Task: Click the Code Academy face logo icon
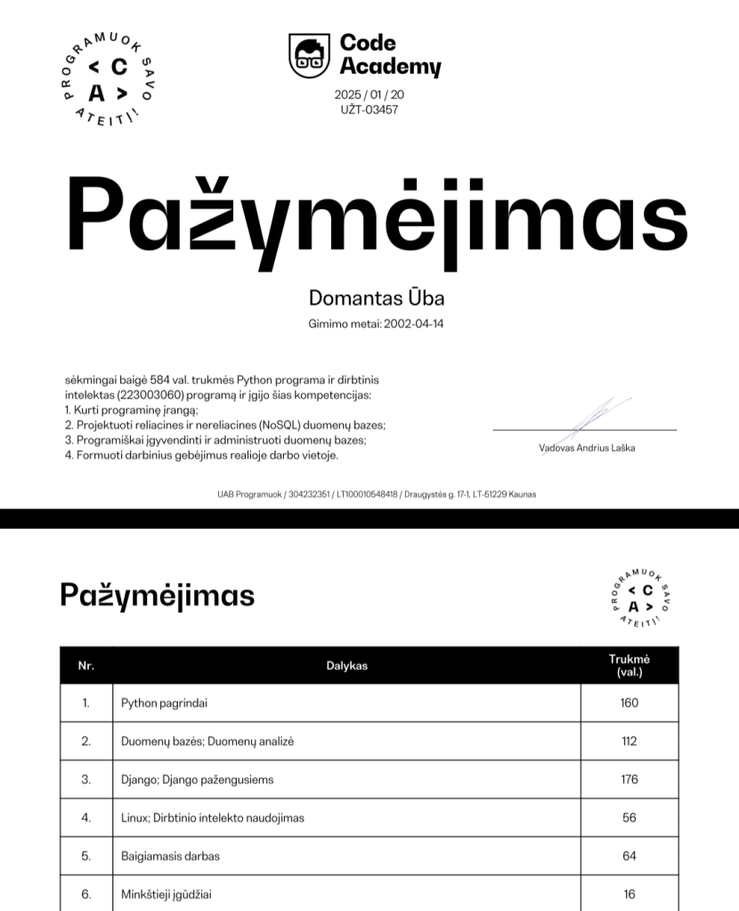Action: click(308, 55)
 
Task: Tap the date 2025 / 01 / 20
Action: click(369, 94)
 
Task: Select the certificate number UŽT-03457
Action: click(369, 110)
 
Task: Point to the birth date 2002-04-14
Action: click(413, 324)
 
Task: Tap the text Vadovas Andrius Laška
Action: click(587, 448)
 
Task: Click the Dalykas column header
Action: click(346, 665)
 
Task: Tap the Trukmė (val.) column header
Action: click(629, 665)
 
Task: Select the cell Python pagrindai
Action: click(165, 703)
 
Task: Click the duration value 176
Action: click(629, 779)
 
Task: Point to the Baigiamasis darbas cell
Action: click(170, 856)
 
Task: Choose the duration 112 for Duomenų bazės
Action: click(629, 741)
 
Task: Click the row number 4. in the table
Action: click(86, 817)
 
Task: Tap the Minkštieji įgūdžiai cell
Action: click(166, 894)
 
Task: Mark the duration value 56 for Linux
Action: click(629, 817)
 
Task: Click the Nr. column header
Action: click(86, 665)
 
